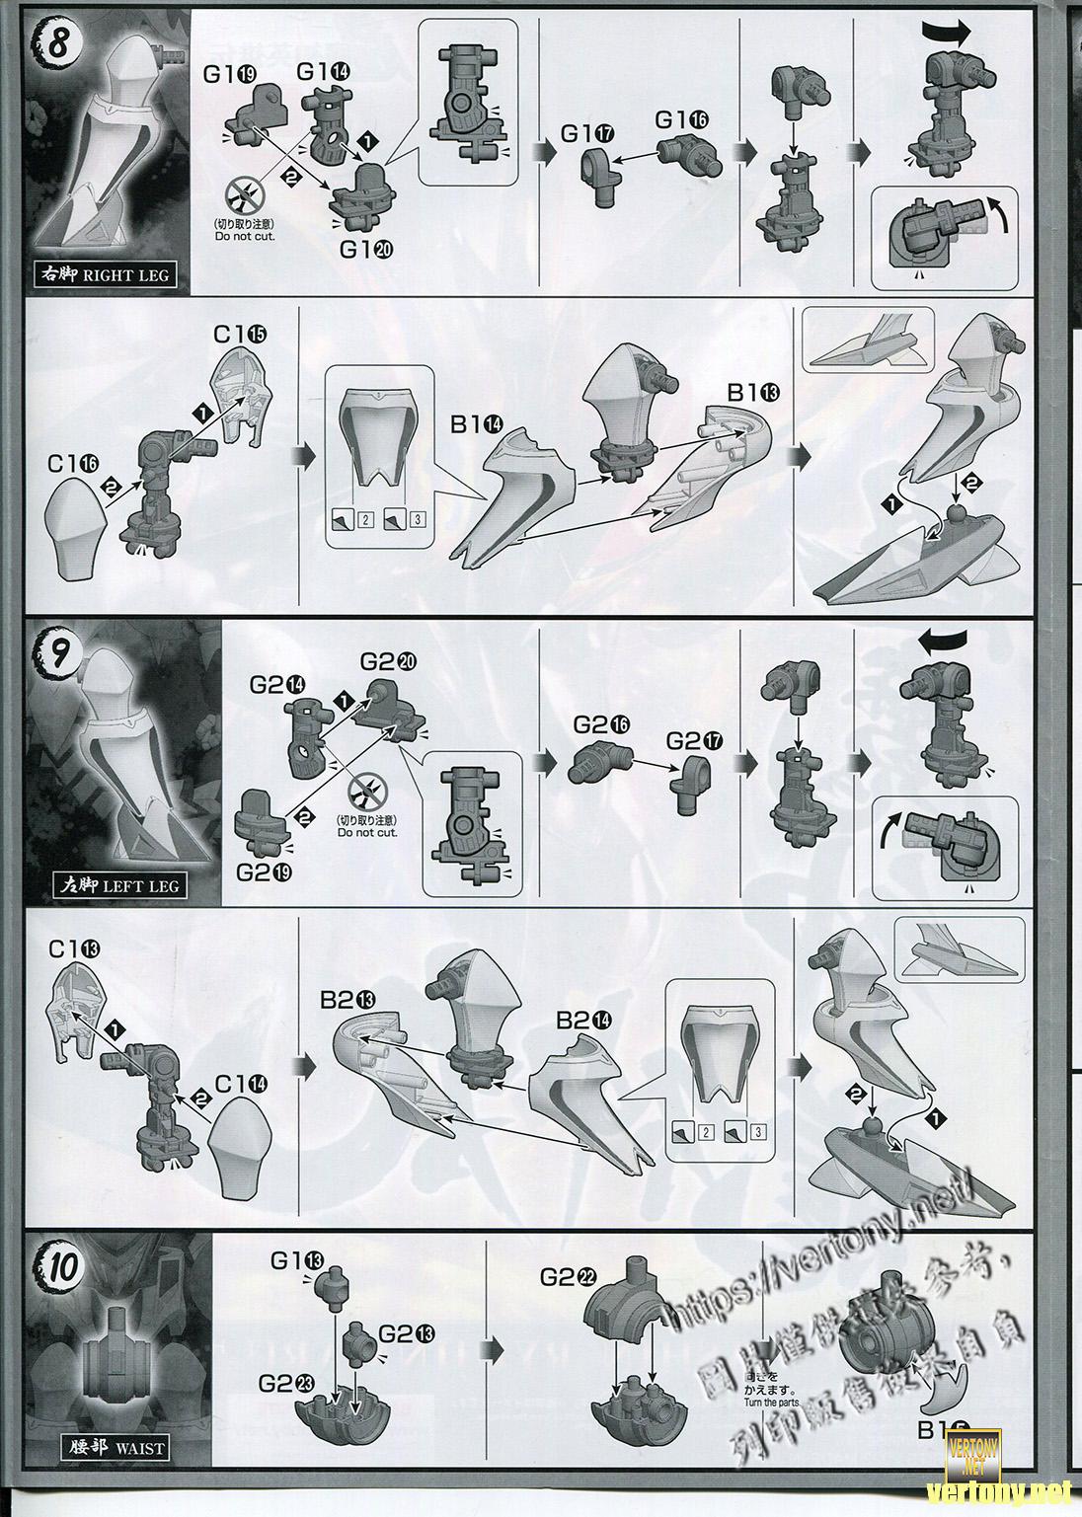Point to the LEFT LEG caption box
click(117, 884)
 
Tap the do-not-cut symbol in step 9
click(366, 793)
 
